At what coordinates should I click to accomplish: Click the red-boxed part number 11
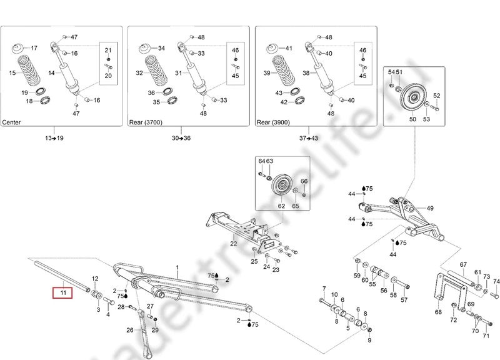[x=62, y=292]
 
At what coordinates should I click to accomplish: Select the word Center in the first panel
[x=14, y=122]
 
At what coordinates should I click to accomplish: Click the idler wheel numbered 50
[x=411, y=97]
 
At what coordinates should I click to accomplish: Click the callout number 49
[x=430, y=208]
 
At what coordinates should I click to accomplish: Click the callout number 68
[x=437, y=311]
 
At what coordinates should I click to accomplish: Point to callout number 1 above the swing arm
[x=177, y=267]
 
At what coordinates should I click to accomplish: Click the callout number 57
[x=404, y=299]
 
